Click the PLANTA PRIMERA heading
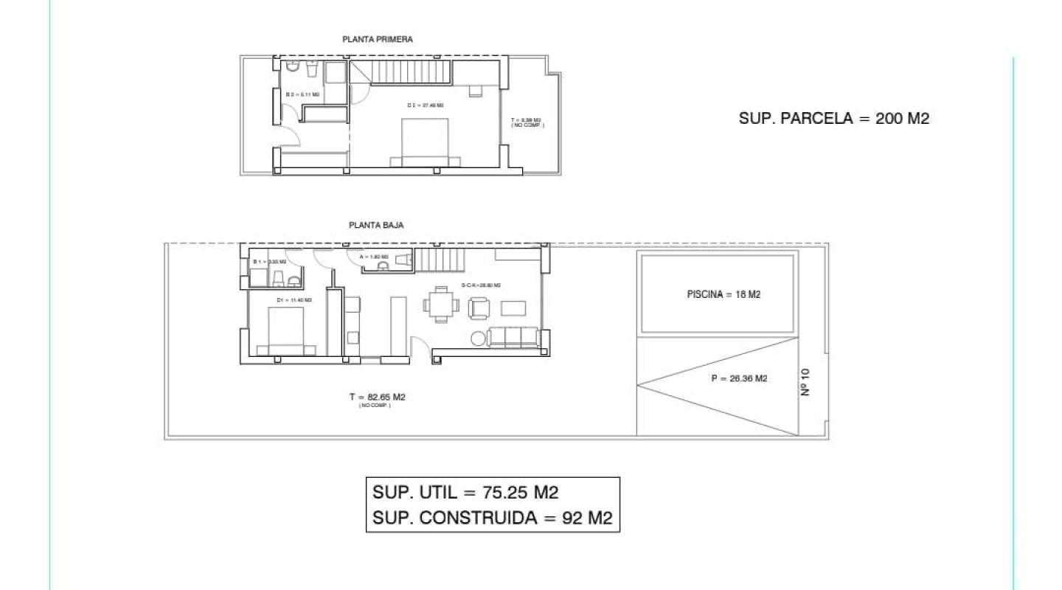378,40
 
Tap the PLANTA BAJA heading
376,226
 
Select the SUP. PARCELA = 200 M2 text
834,118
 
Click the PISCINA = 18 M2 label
723,294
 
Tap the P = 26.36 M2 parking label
739,379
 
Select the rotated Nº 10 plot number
805,383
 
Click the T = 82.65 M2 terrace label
378,397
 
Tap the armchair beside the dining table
479,308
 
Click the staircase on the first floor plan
403,72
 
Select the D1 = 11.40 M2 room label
294,300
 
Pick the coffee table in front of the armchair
514,308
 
